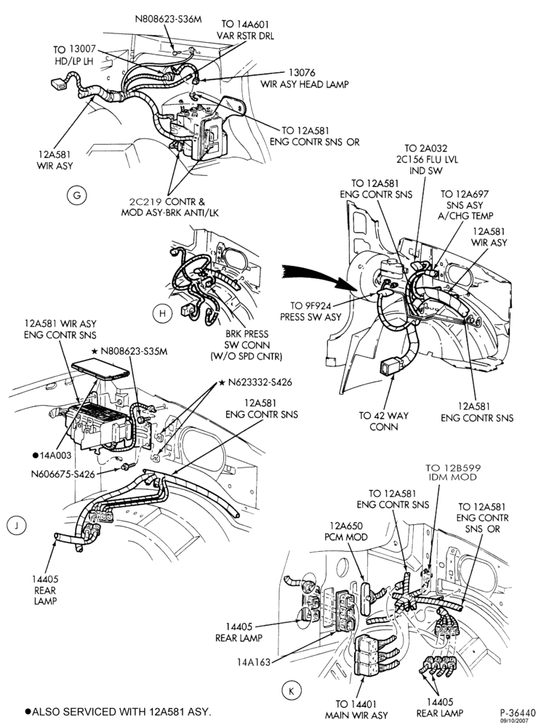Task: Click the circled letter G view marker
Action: point(76,195)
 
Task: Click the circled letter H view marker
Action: point(162,313)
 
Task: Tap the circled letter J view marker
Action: point(17,526)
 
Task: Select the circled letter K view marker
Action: point(291,691)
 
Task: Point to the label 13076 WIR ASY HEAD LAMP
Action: point(304,79)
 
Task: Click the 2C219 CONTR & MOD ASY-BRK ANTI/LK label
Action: point(169,207)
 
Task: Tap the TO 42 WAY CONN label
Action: point(384,421)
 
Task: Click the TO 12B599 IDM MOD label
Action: point(453,473)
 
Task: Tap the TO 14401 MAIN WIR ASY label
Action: point(356,710)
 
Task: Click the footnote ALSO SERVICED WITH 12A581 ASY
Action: point(119,711)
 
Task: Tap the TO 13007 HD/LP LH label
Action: point(74,55)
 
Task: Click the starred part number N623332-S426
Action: point(256,382)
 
